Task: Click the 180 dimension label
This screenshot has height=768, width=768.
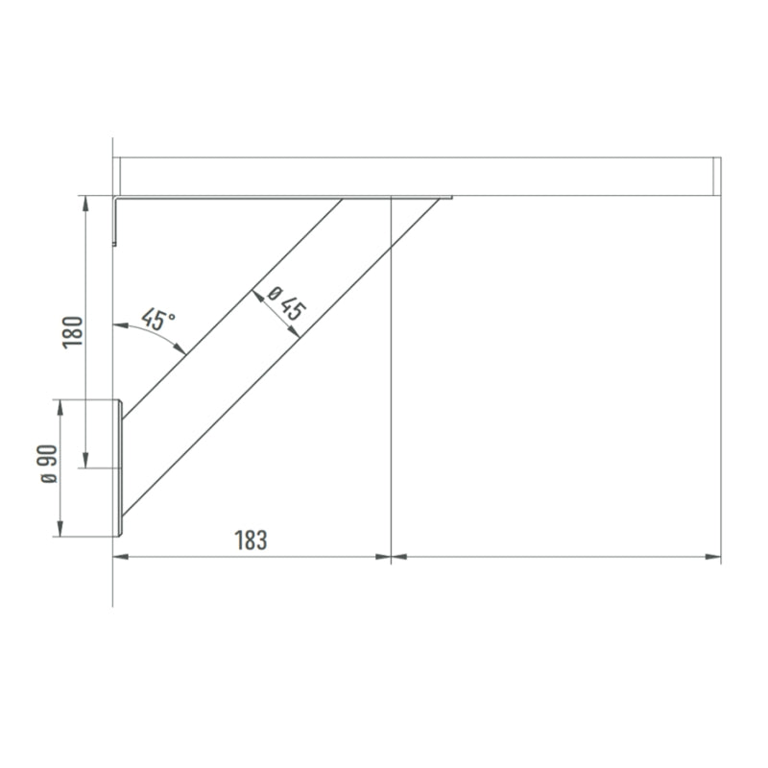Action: pyautogui.click(x=73, y=332)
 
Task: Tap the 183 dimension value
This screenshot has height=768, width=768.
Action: pyautogui.click(x=251, y=540)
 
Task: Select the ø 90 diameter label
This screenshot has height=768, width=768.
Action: pyautogui.click(x=49, y=464)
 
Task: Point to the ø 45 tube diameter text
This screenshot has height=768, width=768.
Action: pyautogui.click(x=287, y=303)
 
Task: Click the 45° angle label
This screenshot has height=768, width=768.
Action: pyautogui.click(x=157, y=320)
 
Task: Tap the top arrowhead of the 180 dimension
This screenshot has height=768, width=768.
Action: pyautogui.click(x=85, y=204)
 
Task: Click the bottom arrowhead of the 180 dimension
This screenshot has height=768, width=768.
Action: pyautogui.click(x=85, y=460)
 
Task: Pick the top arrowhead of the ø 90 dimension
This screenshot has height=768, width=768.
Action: pyautogui.click(x=60, y=407)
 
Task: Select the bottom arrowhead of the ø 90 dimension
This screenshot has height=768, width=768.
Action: pyautogui.click(x=60, y=529)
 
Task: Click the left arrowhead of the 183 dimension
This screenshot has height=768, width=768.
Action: pyautogui.click(x=121, y=557)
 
